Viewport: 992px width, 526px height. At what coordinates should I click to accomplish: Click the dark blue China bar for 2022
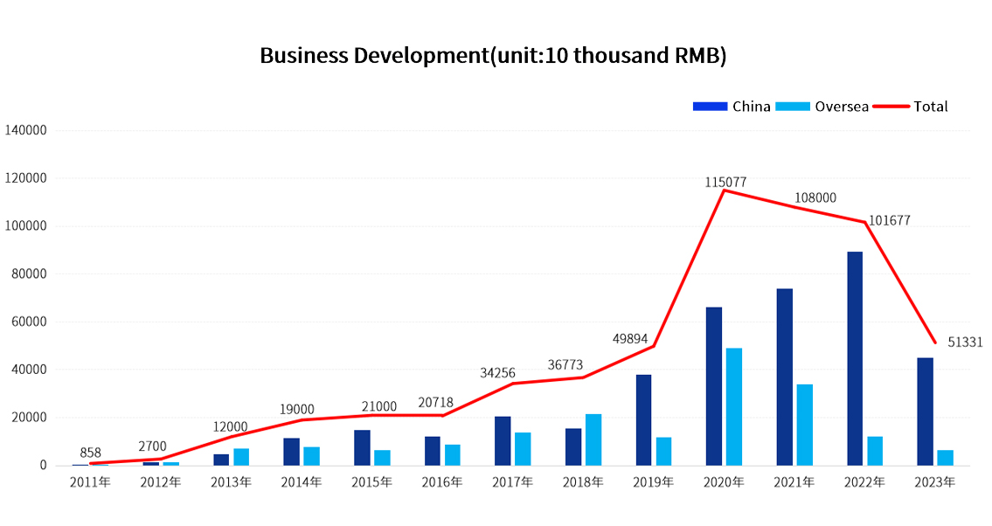(855, 358)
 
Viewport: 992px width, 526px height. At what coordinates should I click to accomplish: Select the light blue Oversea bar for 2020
(734, 406)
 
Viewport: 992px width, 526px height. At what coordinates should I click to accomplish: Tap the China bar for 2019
(643, 419)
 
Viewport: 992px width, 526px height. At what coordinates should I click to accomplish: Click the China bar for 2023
(925, 411)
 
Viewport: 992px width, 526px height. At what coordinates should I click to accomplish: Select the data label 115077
(725, 182)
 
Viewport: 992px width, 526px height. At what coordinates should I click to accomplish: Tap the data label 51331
(965, 343)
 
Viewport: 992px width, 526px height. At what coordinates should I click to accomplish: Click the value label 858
(91, 453)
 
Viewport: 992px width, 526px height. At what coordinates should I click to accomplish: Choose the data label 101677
(889, 221)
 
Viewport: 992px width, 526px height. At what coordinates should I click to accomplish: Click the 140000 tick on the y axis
(25, 130)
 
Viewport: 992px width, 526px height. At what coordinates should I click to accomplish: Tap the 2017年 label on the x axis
(513, 481)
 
